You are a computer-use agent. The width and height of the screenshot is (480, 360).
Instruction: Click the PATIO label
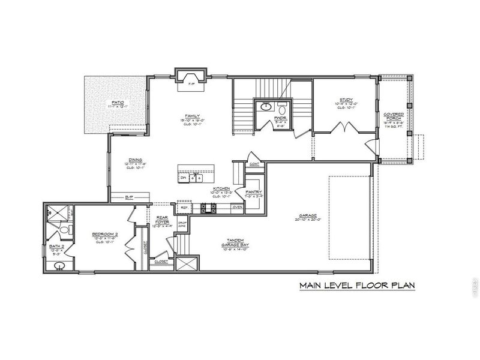click(x=118, y=103)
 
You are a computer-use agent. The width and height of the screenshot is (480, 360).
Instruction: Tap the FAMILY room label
click(x=192, y=116)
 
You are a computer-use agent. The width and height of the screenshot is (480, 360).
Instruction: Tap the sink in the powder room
click(x=266, y=107)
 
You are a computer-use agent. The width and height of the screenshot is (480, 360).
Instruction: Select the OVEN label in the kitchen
click(x=238, y=208)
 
